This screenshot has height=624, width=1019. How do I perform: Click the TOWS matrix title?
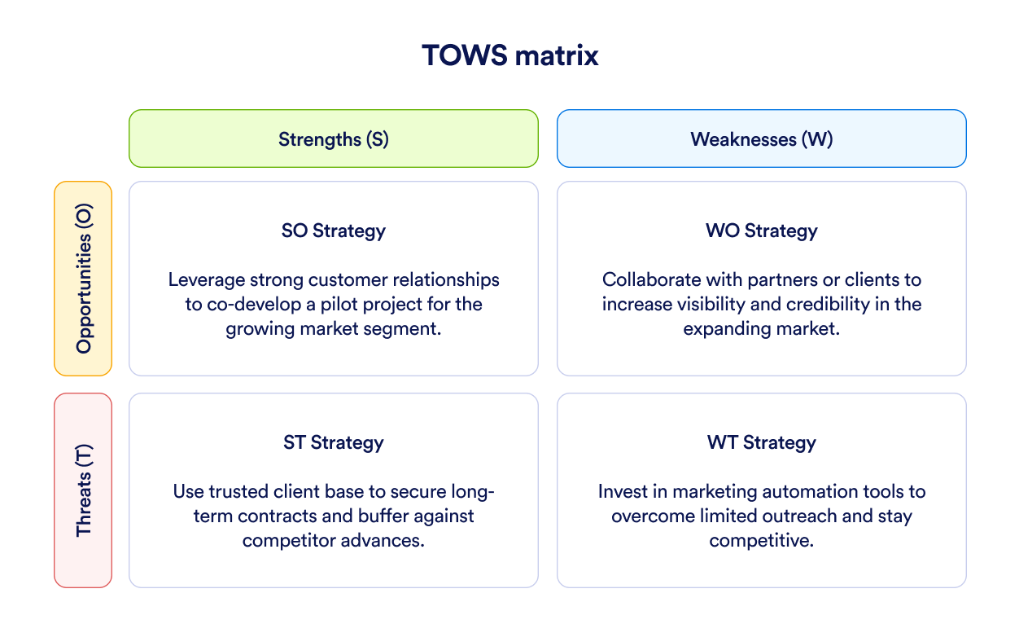510,55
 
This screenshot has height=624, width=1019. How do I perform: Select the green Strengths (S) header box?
334,138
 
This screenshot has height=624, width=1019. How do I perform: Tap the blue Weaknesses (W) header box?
762,138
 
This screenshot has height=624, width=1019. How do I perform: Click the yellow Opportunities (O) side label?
83,279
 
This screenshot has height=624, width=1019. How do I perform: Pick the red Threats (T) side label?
83,490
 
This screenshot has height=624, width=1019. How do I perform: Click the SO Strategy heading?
334,231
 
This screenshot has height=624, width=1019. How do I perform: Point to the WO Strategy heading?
762,231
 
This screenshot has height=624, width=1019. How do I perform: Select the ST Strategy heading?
334,442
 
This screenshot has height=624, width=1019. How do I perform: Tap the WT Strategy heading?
762,442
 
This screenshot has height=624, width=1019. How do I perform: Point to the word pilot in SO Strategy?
339,305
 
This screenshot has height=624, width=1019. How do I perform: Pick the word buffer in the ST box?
383,516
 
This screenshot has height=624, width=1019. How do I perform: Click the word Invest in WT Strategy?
623,491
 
